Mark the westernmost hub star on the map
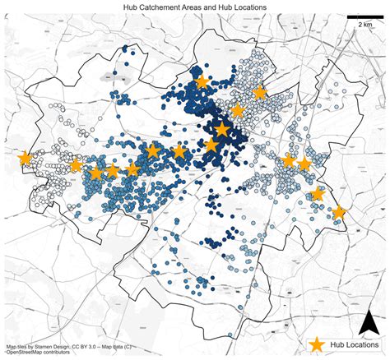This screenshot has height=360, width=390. [x=24, y=158]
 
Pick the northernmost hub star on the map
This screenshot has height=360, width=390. [x=202, y=81]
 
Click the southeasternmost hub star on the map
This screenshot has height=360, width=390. [x=338, y=212]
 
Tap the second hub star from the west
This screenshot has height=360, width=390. [x=76, y=165]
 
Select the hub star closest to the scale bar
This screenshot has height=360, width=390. [x=260, y=92]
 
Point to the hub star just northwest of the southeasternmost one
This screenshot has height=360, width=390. [x=318, y=194]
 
